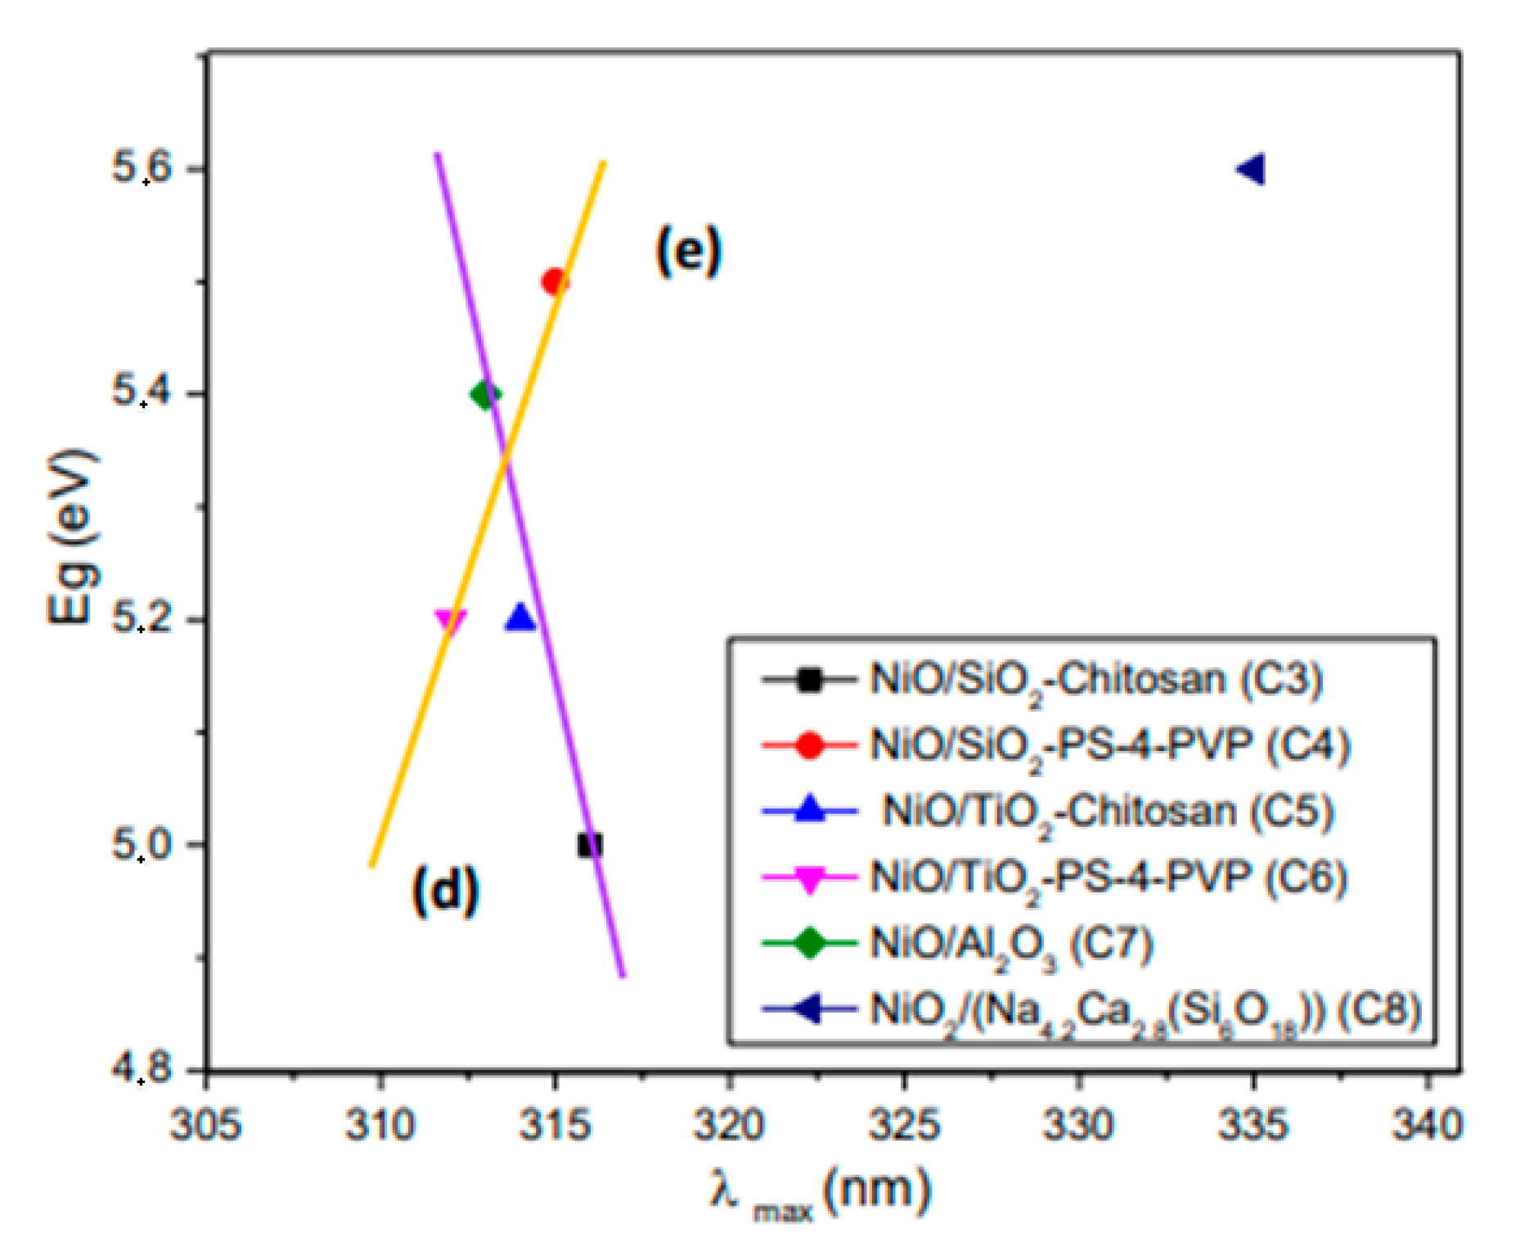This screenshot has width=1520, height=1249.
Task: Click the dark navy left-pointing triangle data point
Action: click(1252, 169)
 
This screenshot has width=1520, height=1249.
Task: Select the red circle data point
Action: click(555, 282)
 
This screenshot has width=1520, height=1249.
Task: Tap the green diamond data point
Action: click(485, 395)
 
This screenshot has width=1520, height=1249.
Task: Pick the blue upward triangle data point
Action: click(520, 618)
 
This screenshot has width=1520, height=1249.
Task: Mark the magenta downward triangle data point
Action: click(450, 622)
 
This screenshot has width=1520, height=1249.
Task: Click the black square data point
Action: click(590, 844)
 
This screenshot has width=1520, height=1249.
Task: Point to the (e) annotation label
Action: click(689, 251)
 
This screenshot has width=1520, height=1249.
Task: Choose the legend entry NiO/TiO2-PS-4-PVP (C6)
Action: click(1108, 878)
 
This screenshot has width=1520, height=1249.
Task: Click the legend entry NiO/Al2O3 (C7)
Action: click(1011, 945)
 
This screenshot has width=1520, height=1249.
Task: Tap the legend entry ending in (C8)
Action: click(1145, 1011)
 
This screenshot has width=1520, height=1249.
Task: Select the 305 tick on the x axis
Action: click(205, 1125)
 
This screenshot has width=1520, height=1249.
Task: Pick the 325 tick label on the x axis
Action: click(904, 1125)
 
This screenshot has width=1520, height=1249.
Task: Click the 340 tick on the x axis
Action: click(1428, 1125)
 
